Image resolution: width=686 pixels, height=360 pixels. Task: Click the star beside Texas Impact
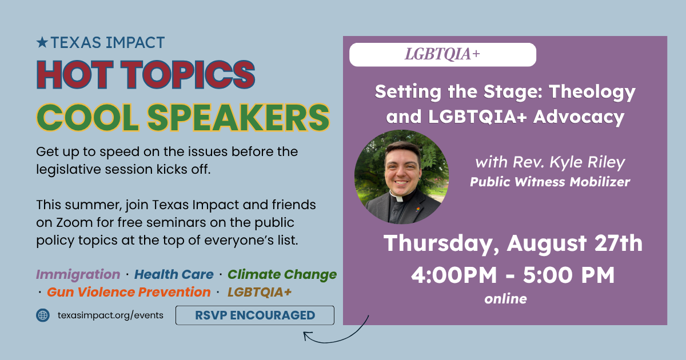pyautogui.click(x=42, y=42)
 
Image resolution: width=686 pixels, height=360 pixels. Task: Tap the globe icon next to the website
pyautogui.click(x=43, y=315)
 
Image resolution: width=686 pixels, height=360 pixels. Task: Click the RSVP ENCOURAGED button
pyautogui.click(x=255, y=315)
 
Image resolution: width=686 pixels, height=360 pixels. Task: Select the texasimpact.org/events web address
pyautogui.click(x=110, y=315)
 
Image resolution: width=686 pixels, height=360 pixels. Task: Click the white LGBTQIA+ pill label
pyautogui.click(x=442, y=54)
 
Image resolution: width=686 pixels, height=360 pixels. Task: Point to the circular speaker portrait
pyautogui.click(x=401, y=177)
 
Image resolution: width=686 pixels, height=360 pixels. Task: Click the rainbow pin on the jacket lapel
pyautogui.click(x=418, y=210)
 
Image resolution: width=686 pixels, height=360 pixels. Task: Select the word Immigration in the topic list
pyautogui.click(x=78, y=275)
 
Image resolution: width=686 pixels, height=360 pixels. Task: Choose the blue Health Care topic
pyautogui.click(x=174, y=274)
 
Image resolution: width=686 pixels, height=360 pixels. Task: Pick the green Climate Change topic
pyautogui.click(x=282, y=275)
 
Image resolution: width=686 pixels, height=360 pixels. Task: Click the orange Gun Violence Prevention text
pyautogui.click(x=129, y=292)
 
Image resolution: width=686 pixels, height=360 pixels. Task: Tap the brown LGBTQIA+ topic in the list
pyautogui.click(x=260, y=292)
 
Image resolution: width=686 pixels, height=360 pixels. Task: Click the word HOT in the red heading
pyautogui.click(x=75, y=74)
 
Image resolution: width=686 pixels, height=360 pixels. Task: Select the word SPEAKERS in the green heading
pyautogui.click(x=238, y=117)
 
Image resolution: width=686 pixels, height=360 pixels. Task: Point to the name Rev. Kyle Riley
pyautogui.click(x=569, y=162)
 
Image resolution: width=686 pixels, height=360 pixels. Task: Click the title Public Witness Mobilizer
pyautogui.click(x=550, y=182)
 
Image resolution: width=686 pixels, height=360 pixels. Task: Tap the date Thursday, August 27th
pyautogui.click(x=513, y=243)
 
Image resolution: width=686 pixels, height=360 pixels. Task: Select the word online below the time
pyautogui.click(x=505, y=299)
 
